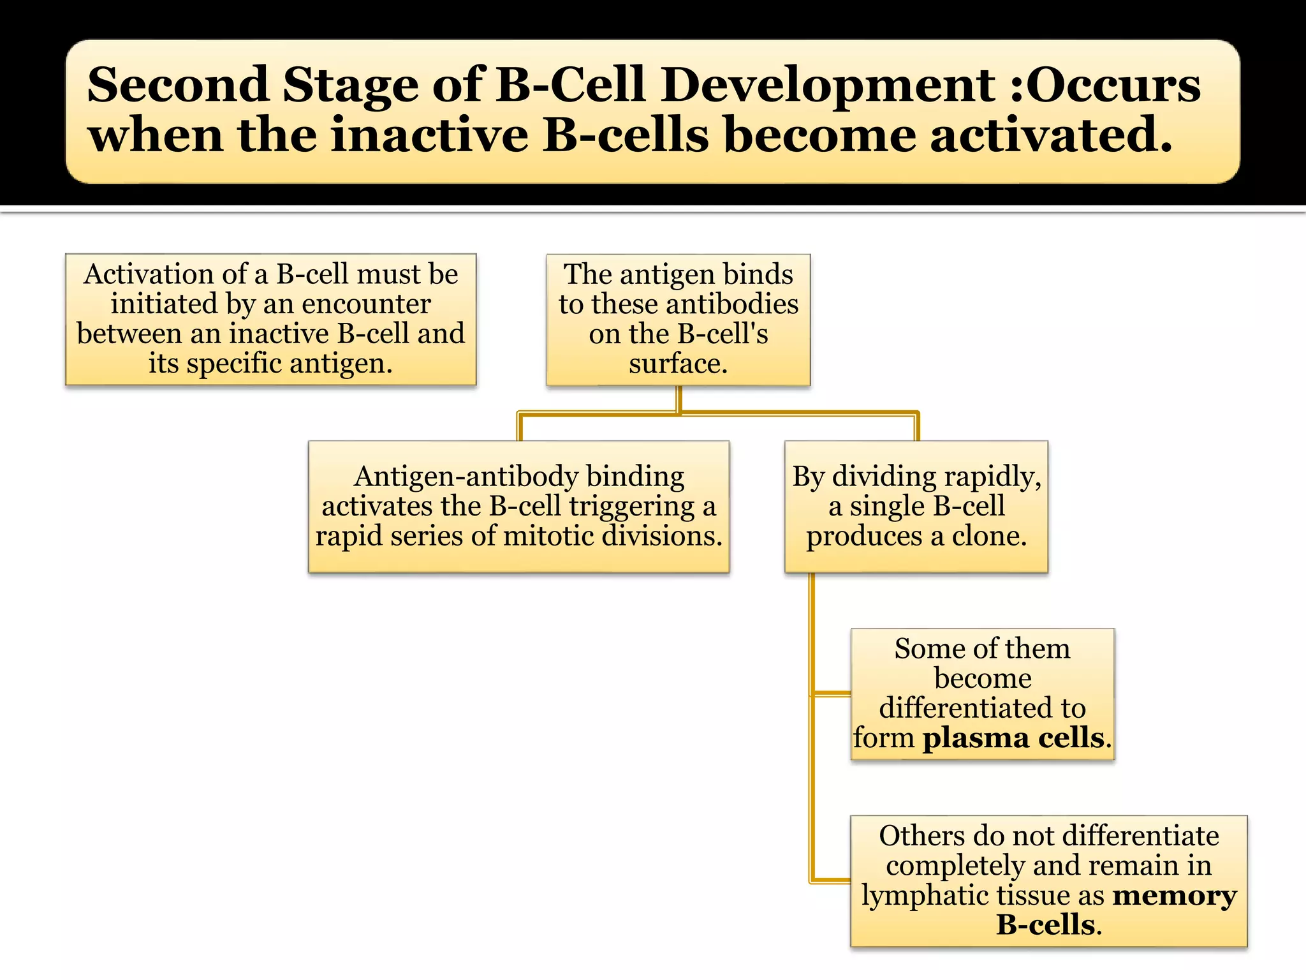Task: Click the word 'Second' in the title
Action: pos(177,85)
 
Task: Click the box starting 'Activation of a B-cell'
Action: pos(270,319)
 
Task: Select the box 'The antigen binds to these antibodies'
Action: pos(678,319)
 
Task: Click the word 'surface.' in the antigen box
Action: pos(678,364)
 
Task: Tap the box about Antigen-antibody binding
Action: pos(518,507)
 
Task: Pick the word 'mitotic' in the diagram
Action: pos(548,536)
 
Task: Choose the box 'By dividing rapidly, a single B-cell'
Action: pos(916,507)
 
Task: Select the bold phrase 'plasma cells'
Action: pos(1013,738)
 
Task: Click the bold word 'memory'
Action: pos(1174,895)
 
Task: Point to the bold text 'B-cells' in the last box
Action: pos(1045,924)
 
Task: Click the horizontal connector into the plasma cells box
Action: pos(832,694)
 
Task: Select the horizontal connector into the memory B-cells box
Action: pos(830,880)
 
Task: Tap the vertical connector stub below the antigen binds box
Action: pos(679,399)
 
